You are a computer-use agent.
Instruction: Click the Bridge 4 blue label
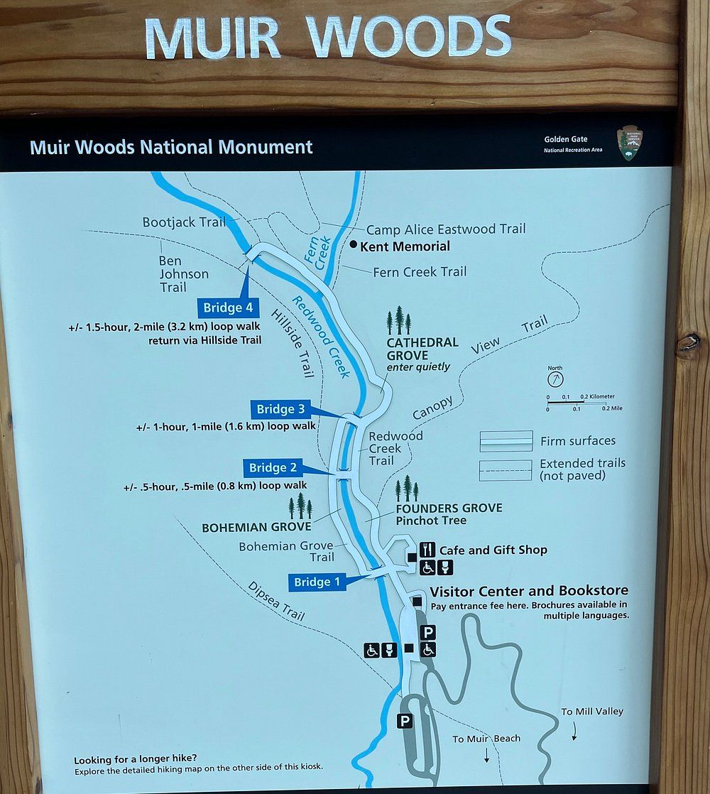point(226,308)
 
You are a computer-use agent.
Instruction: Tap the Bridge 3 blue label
point(280,409)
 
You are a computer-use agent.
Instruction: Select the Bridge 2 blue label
point(273,467)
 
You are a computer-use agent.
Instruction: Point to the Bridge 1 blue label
point(317,582)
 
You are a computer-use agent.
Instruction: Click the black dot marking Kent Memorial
point(354,245)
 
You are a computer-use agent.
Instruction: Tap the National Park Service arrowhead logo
point(628,143)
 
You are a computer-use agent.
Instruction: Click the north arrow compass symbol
point(555,377)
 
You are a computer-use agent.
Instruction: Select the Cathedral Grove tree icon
point(399,321)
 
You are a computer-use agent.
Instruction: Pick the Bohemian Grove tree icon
point(300,507)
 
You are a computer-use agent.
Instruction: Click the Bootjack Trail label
point(184,222)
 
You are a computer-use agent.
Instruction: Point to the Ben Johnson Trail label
point(183,274)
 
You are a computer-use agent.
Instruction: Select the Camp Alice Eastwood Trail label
point(446,229)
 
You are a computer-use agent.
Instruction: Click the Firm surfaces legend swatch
point(506,441)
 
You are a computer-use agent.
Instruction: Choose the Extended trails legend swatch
point(506,470)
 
